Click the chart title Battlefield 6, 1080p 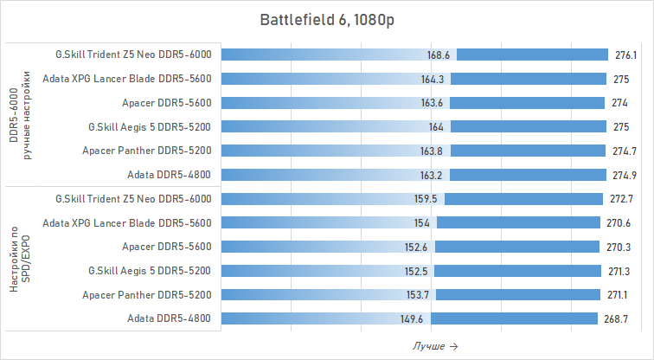[x=326, y=20]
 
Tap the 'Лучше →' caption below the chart [x=435, y=346]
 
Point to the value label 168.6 [x=439, y=55]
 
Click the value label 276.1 [x=625, y=55]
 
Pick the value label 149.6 [x=412, y=318]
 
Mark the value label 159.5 [x=426, y=199]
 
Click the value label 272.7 [x=619, y=199]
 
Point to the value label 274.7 [x=623, y=151]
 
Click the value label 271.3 [x=618, y=271]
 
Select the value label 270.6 [x=617, y=222]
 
